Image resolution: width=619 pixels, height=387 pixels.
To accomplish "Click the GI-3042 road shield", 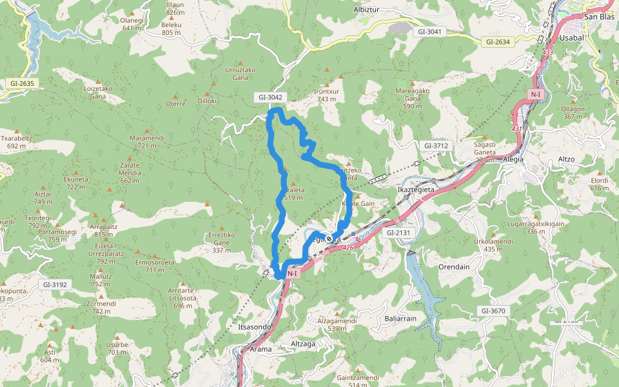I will coord(271,97).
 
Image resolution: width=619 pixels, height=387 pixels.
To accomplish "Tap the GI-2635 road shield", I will coord(22,83).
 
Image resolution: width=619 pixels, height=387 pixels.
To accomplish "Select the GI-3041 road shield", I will coord(431,31).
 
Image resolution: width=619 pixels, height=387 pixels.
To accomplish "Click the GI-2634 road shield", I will coord(497,42).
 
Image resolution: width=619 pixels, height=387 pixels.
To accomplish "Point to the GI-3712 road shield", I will coord(436,146).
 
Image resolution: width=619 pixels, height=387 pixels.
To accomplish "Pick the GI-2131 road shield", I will coord(398,232).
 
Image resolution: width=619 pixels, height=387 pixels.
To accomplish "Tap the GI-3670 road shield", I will coord(493,311).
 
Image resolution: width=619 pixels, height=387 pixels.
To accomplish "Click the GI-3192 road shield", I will coord(55,284).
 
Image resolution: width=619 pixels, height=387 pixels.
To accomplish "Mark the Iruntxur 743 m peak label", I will coord(327,95).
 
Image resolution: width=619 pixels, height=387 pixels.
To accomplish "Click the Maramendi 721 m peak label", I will coord(147,141).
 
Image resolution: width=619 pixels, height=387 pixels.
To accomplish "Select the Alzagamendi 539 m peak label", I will coord(337,324).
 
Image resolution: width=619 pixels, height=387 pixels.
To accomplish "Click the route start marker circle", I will coord(329,239).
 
